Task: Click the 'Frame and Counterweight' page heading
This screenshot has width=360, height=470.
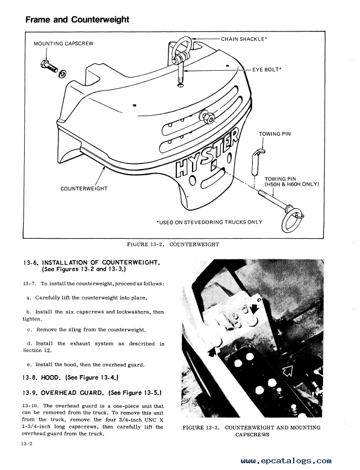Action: [x=78, y=20]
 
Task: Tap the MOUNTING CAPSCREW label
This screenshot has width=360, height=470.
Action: [x=63, y=43]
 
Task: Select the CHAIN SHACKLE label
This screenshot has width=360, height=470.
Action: [x=244, y=39]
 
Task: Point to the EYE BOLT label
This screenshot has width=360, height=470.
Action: [x=267, y=70]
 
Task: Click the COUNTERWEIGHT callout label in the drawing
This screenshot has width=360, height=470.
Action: [x=84, y=189]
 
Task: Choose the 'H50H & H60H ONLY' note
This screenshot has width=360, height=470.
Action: [x=291, y=184]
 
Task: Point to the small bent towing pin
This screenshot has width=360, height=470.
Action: [x=256, y=162]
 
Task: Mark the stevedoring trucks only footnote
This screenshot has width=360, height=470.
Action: [x=209, y=222]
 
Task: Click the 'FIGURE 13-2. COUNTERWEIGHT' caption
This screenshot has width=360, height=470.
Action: [x=173, y=244]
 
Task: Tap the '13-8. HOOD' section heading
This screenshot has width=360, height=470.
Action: [x=70, y=377]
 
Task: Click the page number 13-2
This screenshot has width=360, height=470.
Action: [x=26, y=444]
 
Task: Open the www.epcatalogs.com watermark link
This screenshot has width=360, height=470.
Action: [x=286, y=460]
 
